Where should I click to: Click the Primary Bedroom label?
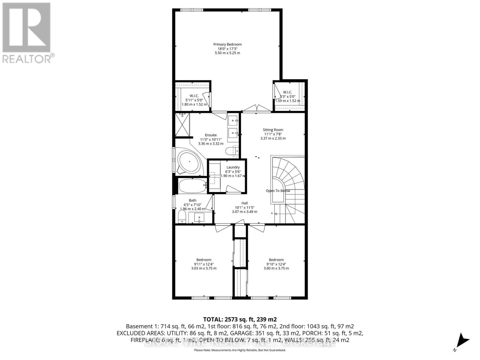click(x=227, y=44)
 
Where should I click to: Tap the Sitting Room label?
click(x=273, y=130)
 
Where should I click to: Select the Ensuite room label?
click(x=211, y=135)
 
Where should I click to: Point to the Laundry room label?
click(x=233, y=167)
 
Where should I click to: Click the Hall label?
click(x=244, y=203)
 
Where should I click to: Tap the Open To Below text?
click(x=278, y=191)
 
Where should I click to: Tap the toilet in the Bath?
click(x=182, y=217)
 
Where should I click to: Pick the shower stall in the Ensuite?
click(x=182, y=124)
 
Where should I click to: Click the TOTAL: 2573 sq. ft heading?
click(x=240, y=319)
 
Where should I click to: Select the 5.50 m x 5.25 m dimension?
click(x=227, y=53)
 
